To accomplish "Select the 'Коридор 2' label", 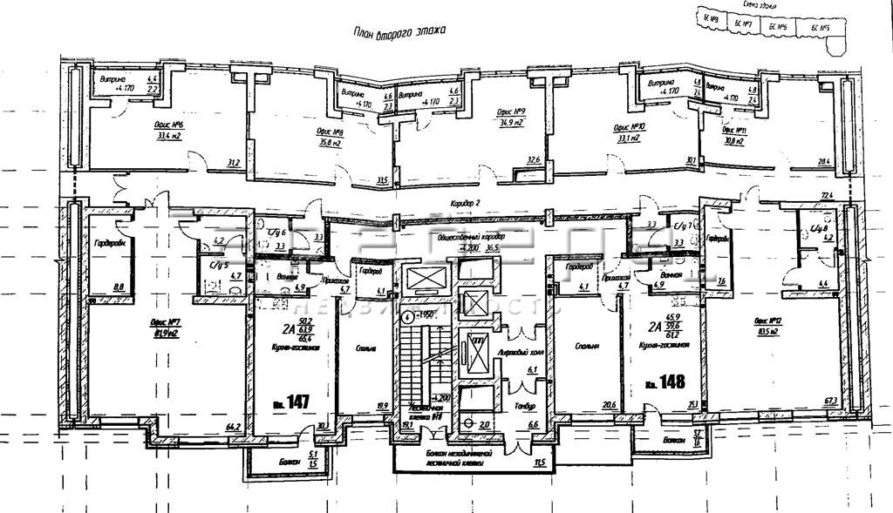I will [468, 203].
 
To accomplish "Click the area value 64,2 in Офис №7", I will [233, 426].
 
